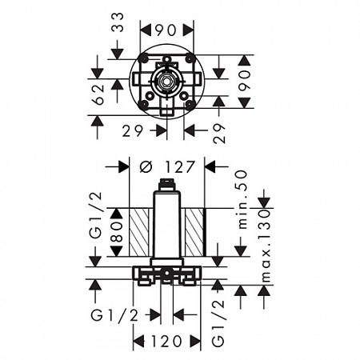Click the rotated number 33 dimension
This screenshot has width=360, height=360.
(x=118, y=22)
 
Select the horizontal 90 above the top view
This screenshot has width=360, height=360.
(x=166, y=30)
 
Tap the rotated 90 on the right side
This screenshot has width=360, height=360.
(x=245, y=81)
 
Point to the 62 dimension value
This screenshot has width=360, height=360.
(x=98, y=94)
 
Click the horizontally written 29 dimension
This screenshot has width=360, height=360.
(x=133, y=131)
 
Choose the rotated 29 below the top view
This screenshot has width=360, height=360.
(x=220, y=134)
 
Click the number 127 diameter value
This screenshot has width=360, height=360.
(x=179, y=167)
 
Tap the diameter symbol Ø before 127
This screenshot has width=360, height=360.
(x=146, y=167)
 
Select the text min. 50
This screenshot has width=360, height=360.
(x=242, y=199)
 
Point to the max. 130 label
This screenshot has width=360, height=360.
(x=266, y=246)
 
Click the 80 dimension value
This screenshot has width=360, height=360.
(x=118, y=232)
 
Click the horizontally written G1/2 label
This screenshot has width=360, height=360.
(x=114, y=316)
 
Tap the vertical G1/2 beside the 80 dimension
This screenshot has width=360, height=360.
(x=96, y=215)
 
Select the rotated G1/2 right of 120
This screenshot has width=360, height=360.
(x=218, y=323)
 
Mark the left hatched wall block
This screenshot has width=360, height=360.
(x=138, y=232)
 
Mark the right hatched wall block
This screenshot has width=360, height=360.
(x=195, y=232)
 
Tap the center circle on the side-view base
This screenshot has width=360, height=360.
(x=166, y=274)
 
